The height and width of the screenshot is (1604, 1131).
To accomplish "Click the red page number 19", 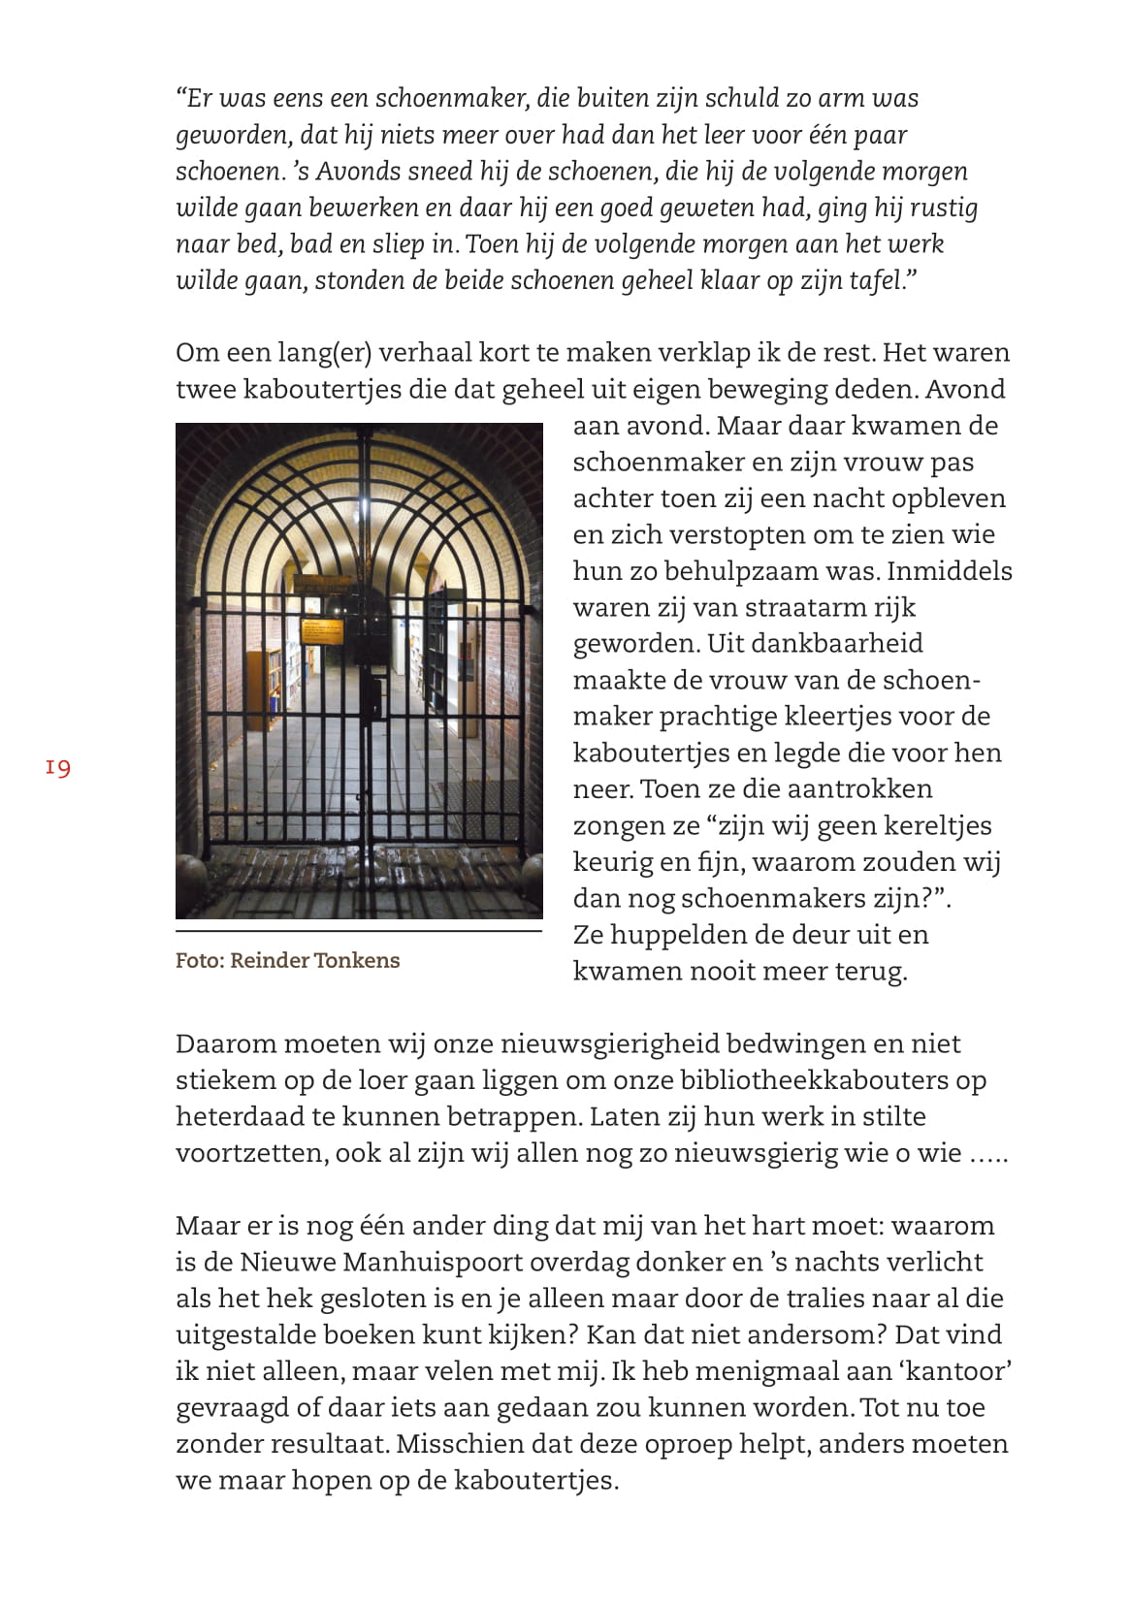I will pos(58,768).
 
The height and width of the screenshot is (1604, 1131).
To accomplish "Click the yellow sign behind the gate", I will pos(322,631).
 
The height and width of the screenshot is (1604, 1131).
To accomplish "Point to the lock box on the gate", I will pos(371,697).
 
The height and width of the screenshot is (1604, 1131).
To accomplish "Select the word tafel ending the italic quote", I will pos(876,281).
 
